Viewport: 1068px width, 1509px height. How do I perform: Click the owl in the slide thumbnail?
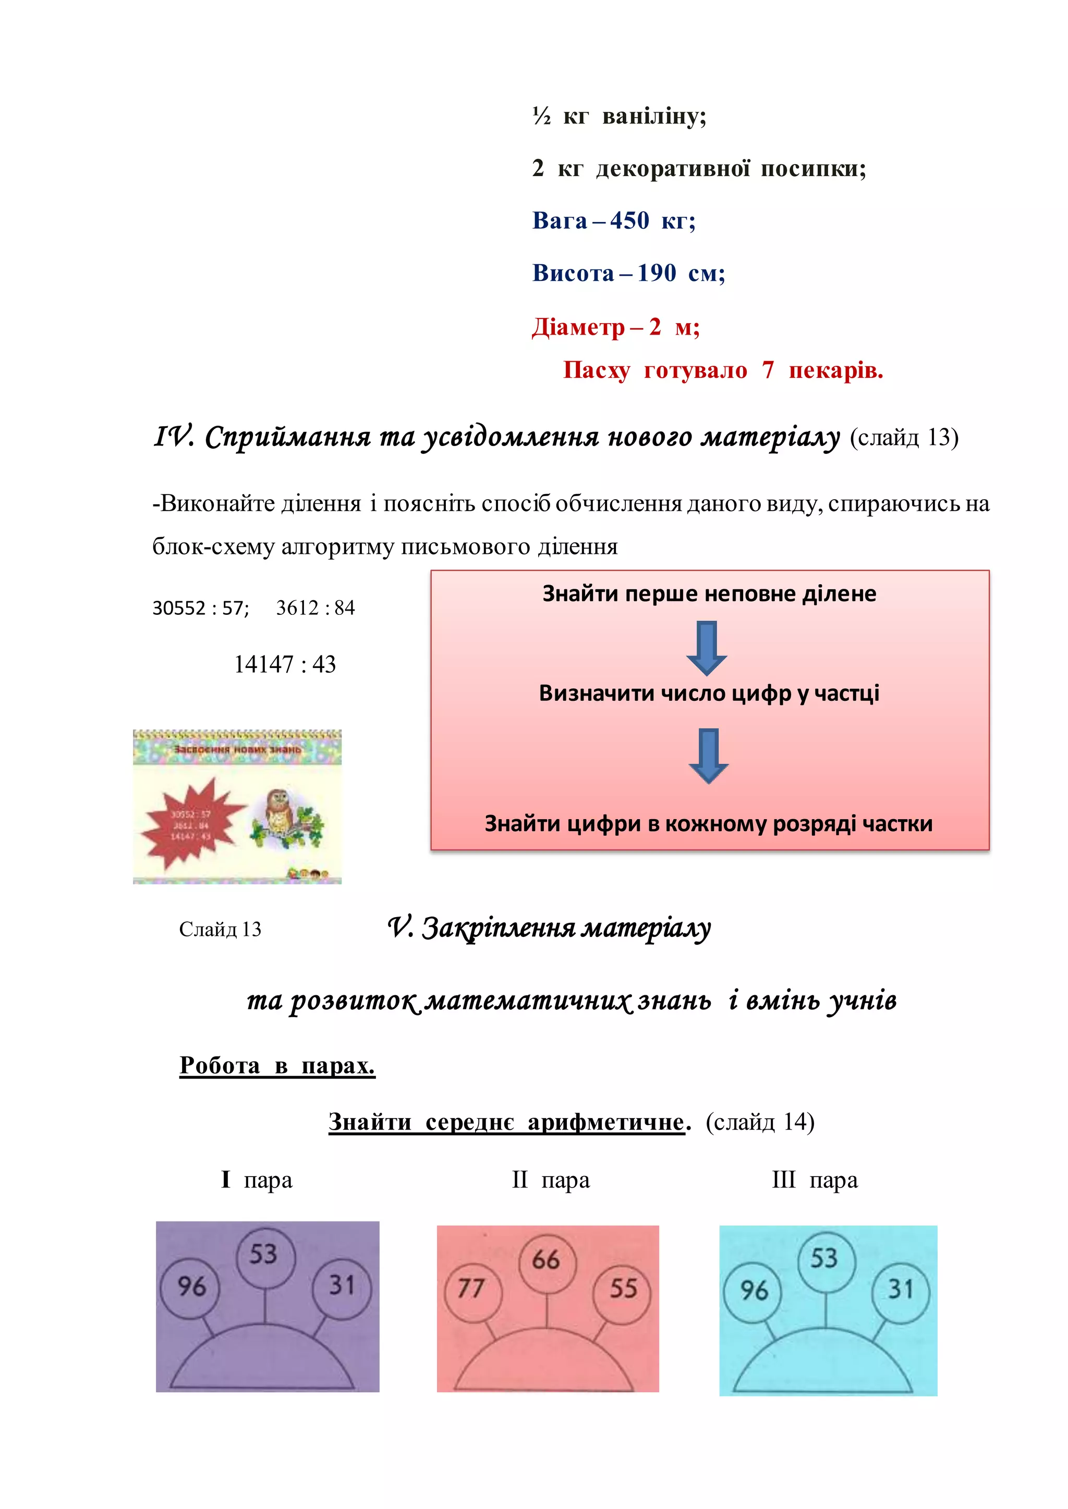pyautogui.click(x=279, y=813)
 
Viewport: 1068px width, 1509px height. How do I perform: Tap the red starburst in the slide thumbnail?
pyautogui.click(x=187, y=822)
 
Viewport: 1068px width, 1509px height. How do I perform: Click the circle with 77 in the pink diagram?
pyautogui.click(x=471, y=1288)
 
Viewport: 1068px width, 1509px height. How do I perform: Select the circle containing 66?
pyautogui.click(x=546, y=1259)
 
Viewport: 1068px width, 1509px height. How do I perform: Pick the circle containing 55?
pyautogui.click(x=623, y=1288)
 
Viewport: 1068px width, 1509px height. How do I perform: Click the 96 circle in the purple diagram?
pyautogui.click(x=191, y=1286)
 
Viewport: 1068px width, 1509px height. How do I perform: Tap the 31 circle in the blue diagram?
pyautogui.click(x=900, y=1290)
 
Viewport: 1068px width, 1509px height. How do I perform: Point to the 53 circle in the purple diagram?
pyautogui.click(x=264, y=1255)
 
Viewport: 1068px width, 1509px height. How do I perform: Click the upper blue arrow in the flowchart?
pyautogui.click(x=706, y=647)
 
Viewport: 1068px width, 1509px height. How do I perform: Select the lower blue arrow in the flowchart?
pyautogui.click(x=708, y=755)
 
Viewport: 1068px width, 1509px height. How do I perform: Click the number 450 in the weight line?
pyautogui.click(x=629, y=221)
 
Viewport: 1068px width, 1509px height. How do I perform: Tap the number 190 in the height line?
pyautogui.click(x=657, y=273)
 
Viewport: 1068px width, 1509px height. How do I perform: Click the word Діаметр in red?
pyautogui.click(x=578, y=327)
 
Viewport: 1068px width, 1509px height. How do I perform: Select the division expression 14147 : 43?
pyautogui.click(x=285, y=664)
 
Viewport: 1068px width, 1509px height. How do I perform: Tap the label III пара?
pyautogui.click(x=814, y=1180)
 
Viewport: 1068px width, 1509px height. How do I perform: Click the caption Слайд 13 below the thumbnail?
pyautogui.click(x=220, y=930)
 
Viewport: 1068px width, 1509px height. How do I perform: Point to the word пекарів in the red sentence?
pyautogui.click(x=835, y=370)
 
